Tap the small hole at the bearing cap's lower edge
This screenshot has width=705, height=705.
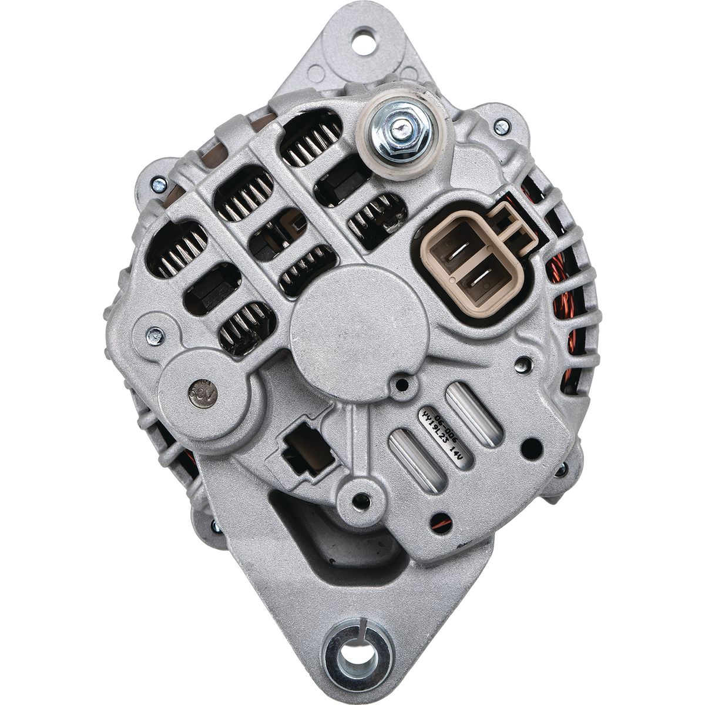[402, 385]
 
